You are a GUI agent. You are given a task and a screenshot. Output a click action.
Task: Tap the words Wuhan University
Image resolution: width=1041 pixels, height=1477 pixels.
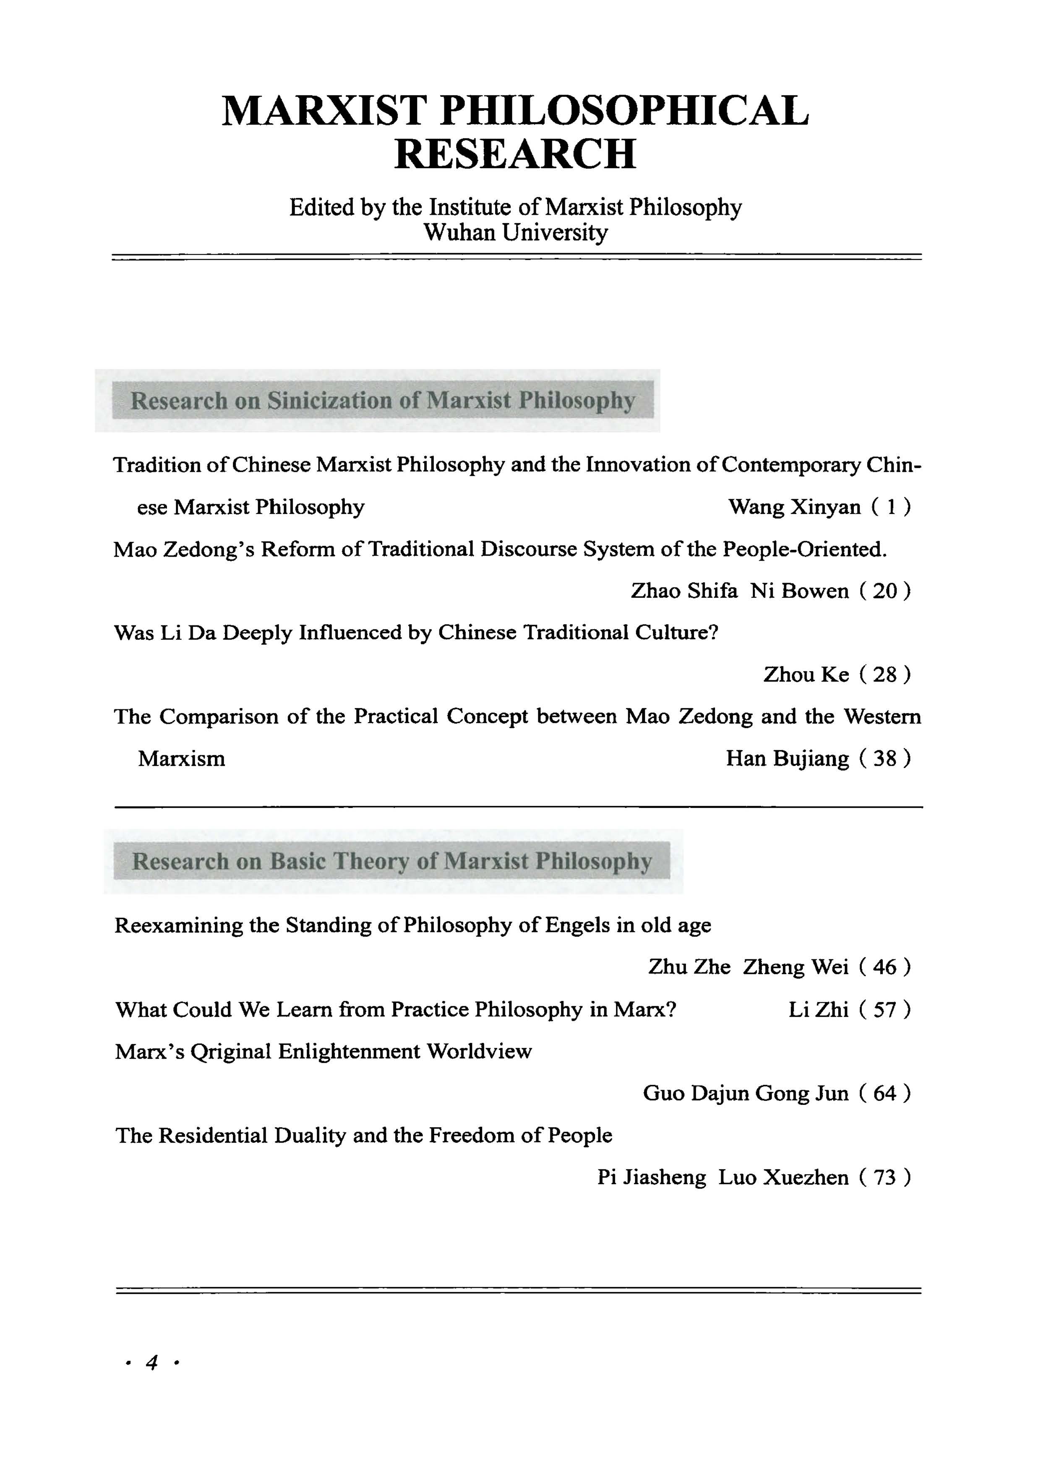[515, 232]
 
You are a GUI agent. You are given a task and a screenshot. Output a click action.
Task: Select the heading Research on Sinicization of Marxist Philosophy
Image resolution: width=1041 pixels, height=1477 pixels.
[383, 400]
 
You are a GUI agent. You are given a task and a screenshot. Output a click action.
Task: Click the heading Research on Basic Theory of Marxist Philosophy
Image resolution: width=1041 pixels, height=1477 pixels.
[392, 861]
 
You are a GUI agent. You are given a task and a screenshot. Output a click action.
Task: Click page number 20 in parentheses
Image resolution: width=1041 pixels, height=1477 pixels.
[884, 591]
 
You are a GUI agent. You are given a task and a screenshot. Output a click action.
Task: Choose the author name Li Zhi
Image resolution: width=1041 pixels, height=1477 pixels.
[818, 1009]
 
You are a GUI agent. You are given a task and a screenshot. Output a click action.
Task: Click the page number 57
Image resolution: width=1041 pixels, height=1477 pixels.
[884, 1009]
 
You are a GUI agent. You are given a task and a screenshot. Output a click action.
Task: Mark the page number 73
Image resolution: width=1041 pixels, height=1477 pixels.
[884, 1177]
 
